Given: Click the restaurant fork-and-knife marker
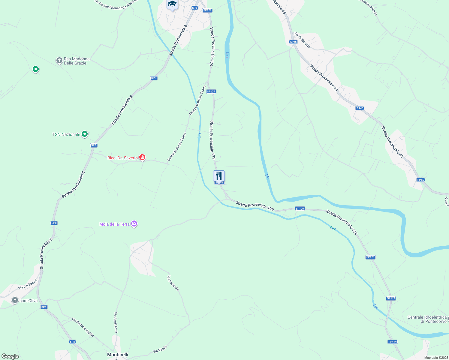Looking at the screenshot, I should [219, 176].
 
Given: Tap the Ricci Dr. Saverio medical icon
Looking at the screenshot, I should [142, 157].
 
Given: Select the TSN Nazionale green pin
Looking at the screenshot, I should [85, 134].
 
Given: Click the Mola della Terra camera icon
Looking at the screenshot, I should [134, 224].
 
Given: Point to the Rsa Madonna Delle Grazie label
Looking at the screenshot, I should [77, 61].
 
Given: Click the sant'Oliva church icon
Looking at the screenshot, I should [15, 300].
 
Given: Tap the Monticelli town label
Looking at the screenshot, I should [118, 355].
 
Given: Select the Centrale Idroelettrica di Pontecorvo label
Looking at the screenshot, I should [427, 319].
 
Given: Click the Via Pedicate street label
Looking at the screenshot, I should [173, 283].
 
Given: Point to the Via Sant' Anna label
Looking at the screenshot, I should [116, 322].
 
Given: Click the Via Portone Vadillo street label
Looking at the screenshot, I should [83, 327].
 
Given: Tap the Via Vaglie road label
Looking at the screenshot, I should [160, 349].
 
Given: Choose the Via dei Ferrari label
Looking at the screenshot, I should [27, 284].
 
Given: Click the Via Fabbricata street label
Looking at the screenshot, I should [302, 40].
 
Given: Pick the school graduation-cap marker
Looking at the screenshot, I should [172, 4].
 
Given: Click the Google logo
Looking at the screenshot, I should [10, 356].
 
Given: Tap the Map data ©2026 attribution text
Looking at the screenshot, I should [436, 358].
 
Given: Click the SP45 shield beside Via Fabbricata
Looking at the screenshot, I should [293, 42].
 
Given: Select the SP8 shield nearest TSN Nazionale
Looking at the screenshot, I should [94, 145].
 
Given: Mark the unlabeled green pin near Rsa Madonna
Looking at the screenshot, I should [35, 69].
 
